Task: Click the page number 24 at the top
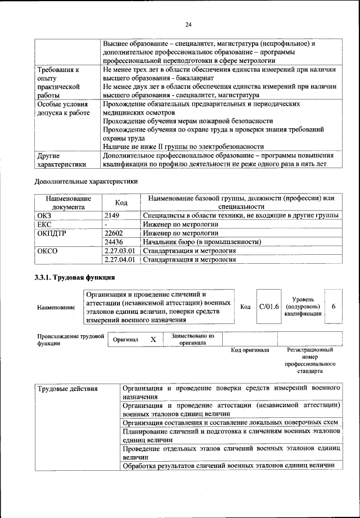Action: (188, 24)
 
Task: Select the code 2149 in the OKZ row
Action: (112, 215)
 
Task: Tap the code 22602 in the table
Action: (114, 233)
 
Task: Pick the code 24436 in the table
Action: (114, 242)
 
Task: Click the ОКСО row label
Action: (47, 251)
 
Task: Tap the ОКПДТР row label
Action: (52, 233)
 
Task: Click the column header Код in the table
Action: (120, 202)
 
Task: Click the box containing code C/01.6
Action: (269, 307)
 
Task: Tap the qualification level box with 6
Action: (334, 307)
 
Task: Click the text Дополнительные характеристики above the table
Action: (85, 181)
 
